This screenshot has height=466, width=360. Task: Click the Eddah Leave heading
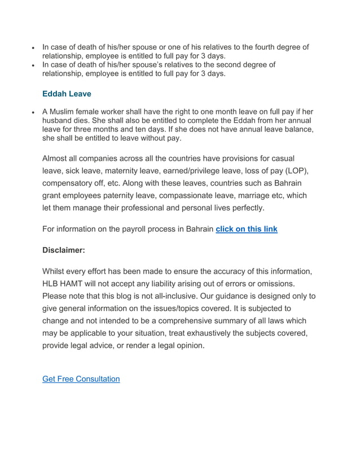[x=67, y=94]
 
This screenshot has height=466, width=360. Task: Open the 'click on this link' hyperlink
[x=247, y=229]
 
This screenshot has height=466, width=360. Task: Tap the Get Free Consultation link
[x=81, y=379]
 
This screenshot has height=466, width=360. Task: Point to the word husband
[x=59, y=121]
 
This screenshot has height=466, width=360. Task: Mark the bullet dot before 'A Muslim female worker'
[x=34, y=112]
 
